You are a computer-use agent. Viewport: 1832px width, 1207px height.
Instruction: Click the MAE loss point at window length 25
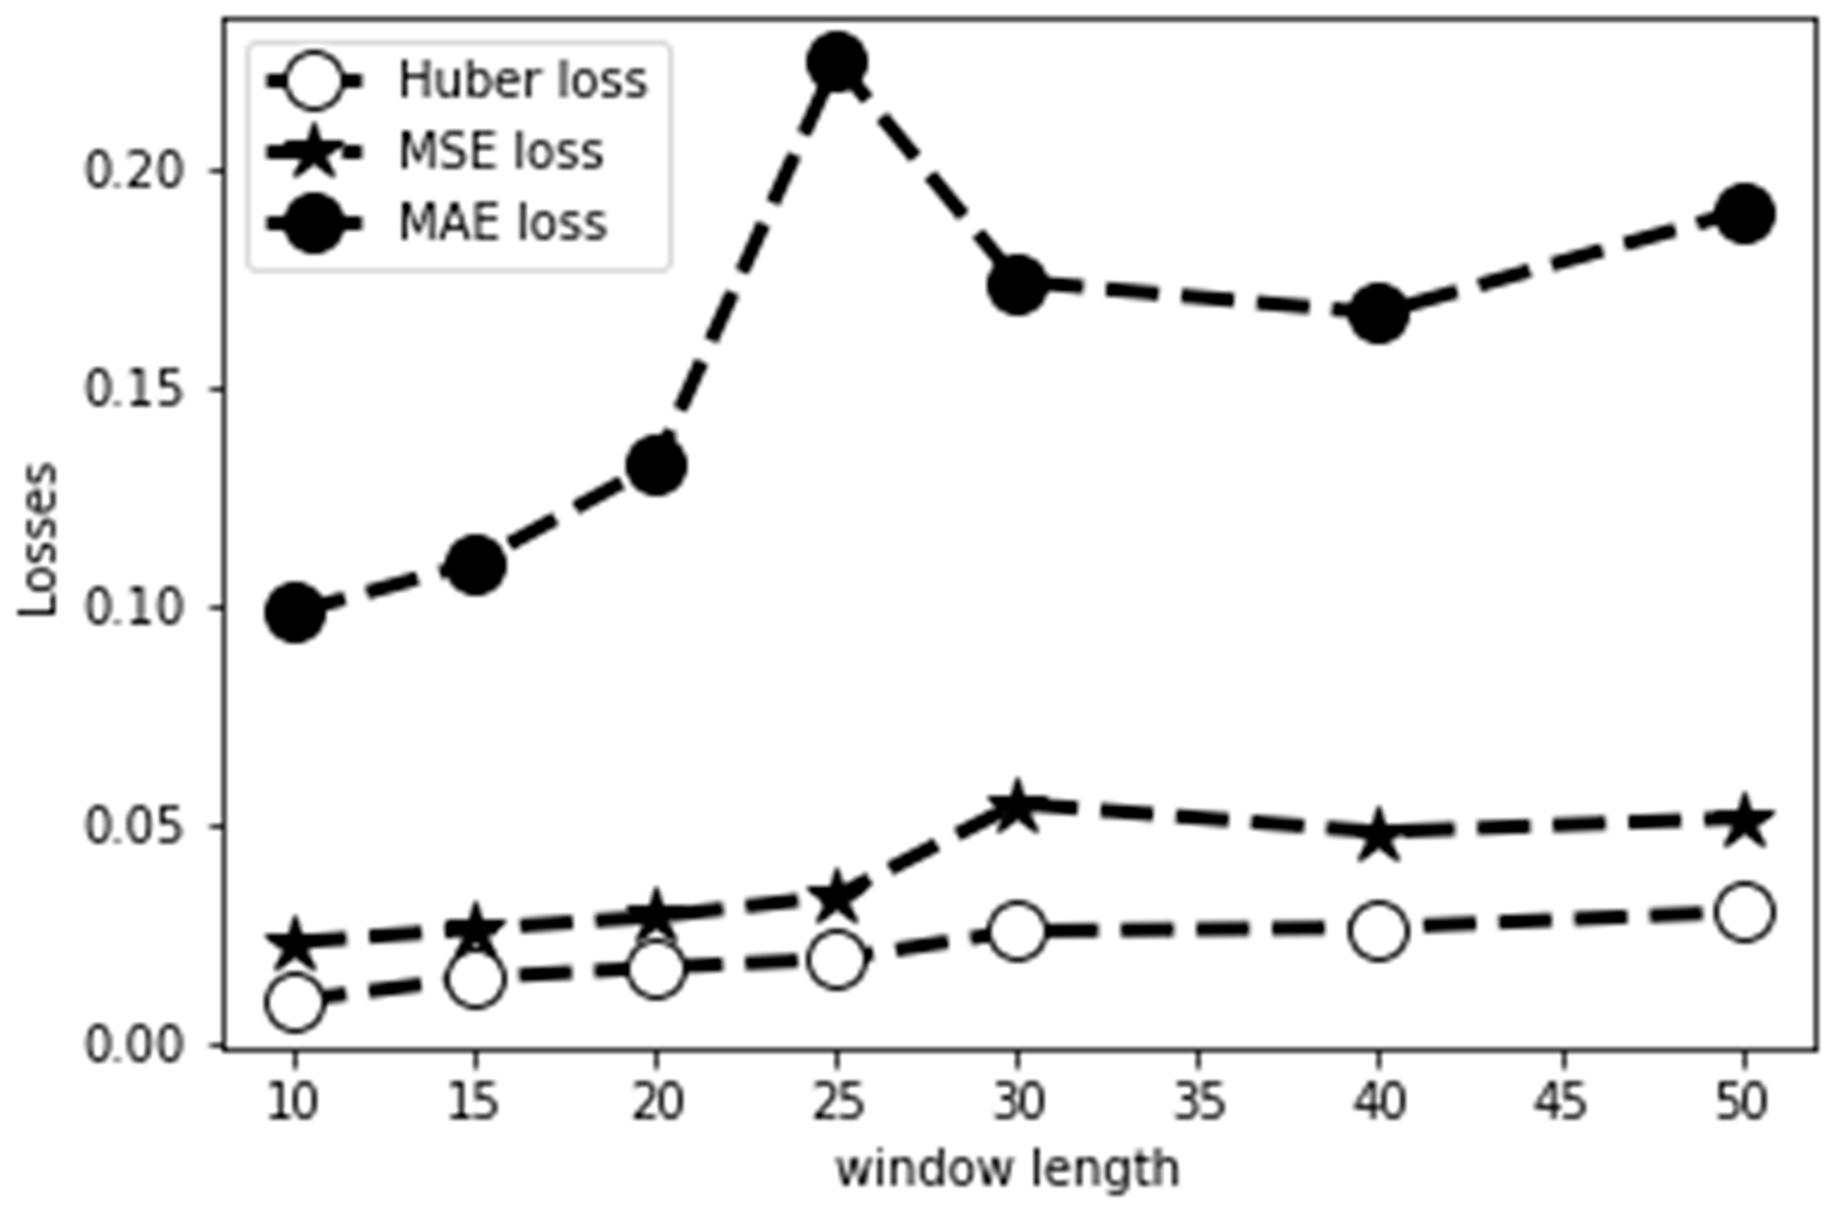tap(837, 61)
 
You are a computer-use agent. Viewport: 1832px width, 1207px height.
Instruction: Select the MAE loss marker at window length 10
tap(294, 612)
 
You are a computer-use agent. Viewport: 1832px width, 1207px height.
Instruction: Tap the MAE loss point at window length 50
tap(1744, 213)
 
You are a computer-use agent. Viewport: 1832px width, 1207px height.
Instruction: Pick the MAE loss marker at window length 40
tap(1379, 314)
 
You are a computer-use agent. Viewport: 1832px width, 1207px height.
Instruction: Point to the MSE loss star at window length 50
tap(1744, 822)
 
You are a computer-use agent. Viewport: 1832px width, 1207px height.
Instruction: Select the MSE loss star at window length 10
tap(294, 942)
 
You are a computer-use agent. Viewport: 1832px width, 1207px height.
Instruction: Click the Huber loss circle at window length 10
tap(294, 1002)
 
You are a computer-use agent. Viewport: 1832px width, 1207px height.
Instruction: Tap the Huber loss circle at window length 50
tap(1744, 912)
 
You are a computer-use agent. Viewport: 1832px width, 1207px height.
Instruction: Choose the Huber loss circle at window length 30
tap(1018, 930)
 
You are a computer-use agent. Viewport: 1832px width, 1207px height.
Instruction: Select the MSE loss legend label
tap(501, 152)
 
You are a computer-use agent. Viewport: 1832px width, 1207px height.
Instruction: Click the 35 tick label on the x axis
tap(1199, 1102)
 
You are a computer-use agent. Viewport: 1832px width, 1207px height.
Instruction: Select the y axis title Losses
tap(39, 539)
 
